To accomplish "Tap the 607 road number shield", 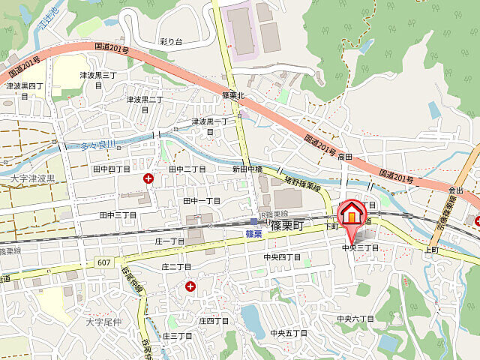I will coord(103,262).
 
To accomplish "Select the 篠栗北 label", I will coord(234,96).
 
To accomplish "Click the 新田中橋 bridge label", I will coord(247,170).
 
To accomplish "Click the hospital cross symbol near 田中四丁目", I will coord(148,178).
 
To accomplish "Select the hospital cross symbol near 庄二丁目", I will coord(190,286).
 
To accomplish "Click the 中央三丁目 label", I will coord(360,247).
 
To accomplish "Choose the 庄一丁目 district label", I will coord(169,241).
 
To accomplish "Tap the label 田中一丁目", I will coord(202,201).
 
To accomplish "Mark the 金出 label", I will coord(456,190).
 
